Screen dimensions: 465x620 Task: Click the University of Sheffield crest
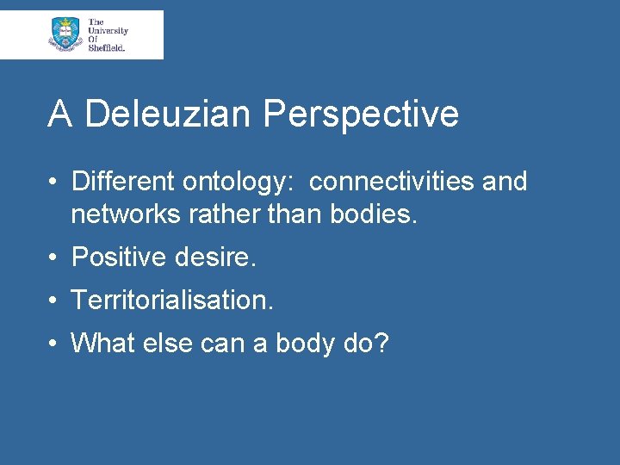(65, 34)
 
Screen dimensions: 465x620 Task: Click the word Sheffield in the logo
(107, 48)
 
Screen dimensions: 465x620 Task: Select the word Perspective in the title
(361, 115)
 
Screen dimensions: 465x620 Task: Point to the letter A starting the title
(59, 115)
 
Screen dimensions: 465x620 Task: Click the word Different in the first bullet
(122, 182)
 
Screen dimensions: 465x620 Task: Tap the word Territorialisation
(172, 300)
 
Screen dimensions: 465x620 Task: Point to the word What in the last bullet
(99, 343)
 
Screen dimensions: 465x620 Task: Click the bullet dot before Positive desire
(53, 257)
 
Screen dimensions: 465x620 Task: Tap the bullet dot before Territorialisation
(53, 301)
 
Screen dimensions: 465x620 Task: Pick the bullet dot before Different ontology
(53, 183)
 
